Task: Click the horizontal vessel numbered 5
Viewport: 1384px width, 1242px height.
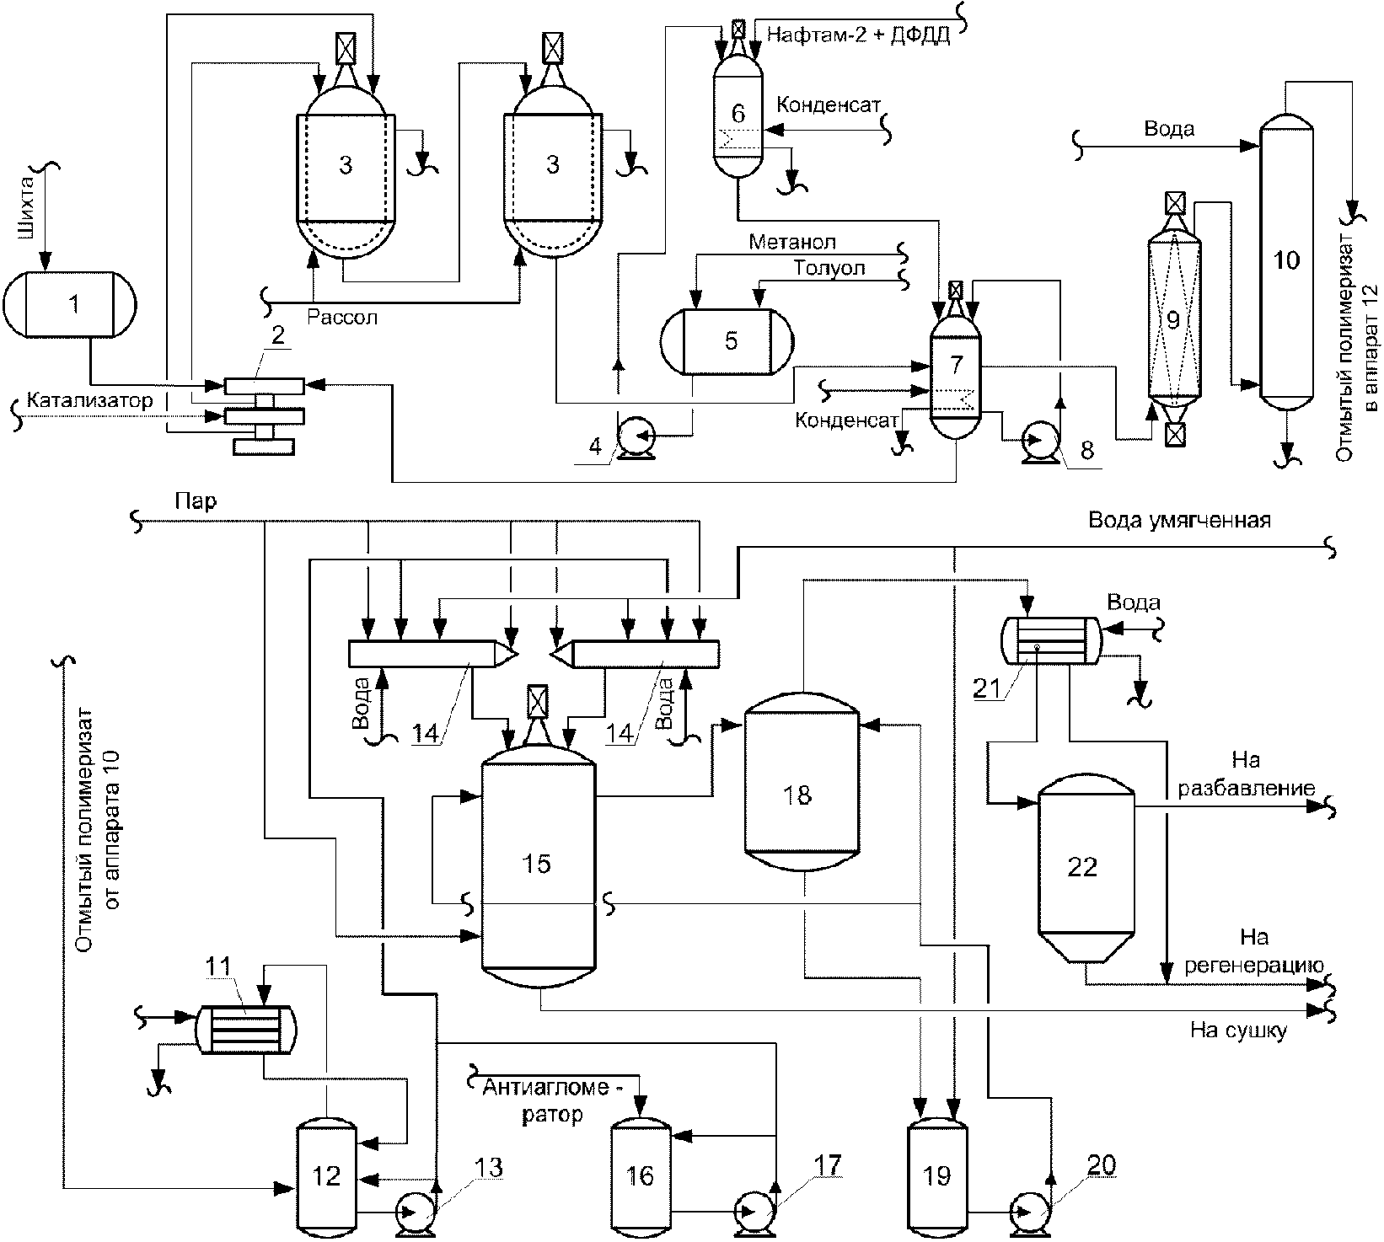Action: click(729, 341)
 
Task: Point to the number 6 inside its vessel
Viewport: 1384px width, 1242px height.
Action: click(738, 112)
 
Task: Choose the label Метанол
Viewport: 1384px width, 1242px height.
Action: click(793, 242)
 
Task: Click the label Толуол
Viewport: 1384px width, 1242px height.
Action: click(829, 268)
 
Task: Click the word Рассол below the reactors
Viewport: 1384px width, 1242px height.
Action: click(342, 318)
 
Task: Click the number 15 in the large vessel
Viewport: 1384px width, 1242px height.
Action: click(537, 864)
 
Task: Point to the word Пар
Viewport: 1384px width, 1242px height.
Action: click(196, 502)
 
